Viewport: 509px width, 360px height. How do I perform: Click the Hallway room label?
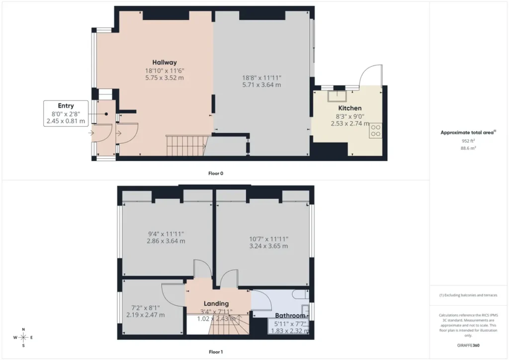coord(165,62)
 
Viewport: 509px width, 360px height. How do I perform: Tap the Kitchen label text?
coord(349,108)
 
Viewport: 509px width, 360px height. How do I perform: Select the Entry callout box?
coord(66,113)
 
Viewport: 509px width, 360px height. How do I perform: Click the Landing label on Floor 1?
coord(216,303)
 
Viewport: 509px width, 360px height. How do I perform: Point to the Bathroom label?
coord(290,316)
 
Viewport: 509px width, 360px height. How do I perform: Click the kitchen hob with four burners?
coord(376,130)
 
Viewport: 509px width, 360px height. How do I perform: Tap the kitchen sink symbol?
coord(338,96)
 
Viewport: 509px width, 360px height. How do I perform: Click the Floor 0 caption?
coord(216,174)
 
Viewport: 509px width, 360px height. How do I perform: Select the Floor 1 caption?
coord(216,352)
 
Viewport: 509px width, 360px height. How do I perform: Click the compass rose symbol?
coord(23,338)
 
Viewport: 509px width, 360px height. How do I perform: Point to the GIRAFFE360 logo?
coord(468,346)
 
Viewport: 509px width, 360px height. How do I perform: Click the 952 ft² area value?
coord(468,141)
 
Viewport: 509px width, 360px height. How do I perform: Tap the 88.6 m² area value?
coord(468,148)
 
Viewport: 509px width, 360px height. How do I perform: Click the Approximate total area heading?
coord(468,132)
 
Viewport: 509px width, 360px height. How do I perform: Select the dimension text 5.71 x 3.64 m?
coord(261,85)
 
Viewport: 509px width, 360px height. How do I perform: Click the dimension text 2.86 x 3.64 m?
coord(166,241)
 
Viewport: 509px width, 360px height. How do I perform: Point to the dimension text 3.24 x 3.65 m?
coord(268,246)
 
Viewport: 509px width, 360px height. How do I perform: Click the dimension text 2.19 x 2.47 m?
coord(146,315)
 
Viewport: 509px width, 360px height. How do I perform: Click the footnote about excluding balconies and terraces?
coord(468,295)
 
